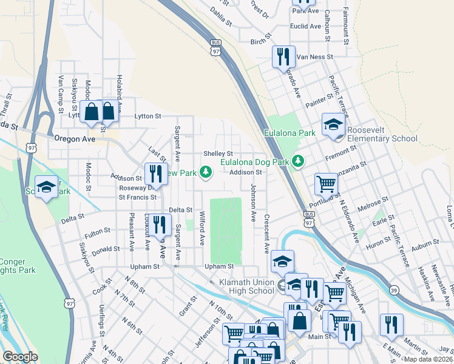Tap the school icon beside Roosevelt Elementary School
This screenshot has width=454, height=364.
tap(333, 125)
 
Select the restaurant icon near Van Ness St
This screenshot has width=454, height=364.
tap(283, 57)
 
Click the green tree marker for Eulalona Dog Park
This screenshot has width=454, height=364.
tap(297, 161)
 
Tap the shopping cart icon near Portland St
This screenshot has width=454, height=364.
tap(326, 184)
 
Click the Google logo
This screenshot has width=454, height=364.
tap(20, 357)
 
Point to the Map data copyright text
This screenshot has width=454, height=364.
tap(427, 359)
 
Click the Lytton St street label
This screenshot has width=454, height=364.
tap(147, 116)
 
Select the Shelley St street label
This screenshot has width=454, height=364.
tap(218, 153)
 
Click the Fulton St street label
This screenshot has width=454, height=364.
tap(97, 231)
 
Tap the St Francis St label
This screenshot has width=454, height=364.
tap(138, 197)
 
